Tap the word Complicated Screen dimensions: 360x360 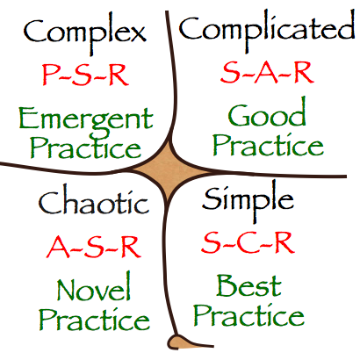(267, 31)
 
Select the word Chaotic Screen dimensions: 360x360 (94, 201)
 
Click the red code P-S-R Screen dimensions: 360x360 (85, 75)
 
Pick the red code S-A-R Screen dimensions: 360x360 (267, 72)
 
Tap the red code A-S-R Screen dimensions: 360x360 (94, 247)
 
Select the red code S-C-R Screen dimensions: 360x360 (248, 242)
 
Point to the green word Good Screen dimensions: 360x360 (267, 113)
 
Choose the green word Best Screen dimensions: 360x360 (248, 285)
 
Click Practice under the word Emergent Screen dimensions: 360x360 (86, 148)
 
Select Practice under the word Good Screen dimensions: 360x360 (268, 145)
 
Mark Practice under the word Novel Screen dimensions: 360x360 (94, 319)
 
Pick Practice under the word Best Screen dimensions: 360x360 (248, 315)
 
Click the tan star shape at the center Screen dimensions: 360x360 (171, 171)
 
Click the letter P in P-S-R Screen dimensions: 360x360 (50, 75)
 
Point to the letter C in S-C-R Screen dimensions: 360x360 (248, 242)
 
